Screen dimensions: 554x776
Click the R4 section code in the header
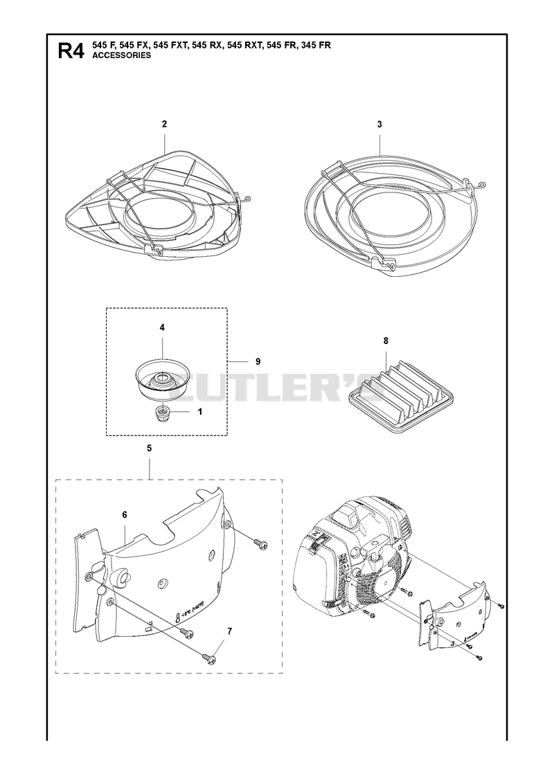coord(71,51)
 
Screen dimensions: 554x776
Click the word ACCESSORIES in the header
coord(122,55)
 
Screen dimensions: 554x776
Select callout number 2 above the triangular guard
coord(164,124)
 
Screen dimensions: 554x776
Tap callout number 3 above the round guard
coord(379,124)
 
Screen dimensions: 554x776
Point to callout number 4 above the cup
coord(162,327)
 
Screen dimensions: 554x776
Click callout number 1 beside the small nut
coord(200,410)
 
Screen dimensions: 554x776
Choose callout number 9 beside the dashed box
coord(258,361)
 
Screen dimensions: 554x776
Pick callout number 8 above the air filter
coord(386,341)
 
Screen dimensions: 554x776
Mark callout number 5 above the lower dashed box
coord(149,449)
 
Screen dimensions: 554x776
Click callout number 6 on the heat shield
coord(124,515)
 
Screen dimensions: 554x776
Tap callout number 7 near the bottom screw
coord(229,631)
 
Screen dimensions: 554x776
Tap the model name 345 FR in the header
coord(315,46)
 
